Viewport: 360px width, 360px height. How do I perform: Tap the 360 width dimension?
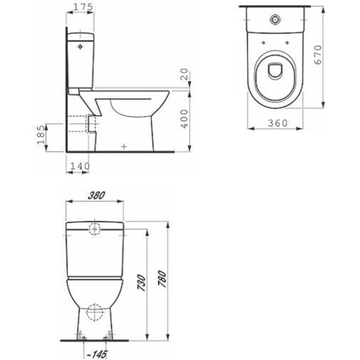coord(277,123)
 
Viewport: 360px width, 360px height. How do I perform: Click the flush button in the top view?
coord(272,19)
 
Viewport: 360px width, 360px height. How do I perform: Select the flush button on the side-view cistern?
coord(81,45)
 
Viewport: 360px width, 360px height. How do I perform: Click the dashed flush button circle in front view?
coord(95,228)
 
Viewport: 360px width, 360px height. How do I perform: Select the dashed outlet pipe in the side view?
coord(79,124)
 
